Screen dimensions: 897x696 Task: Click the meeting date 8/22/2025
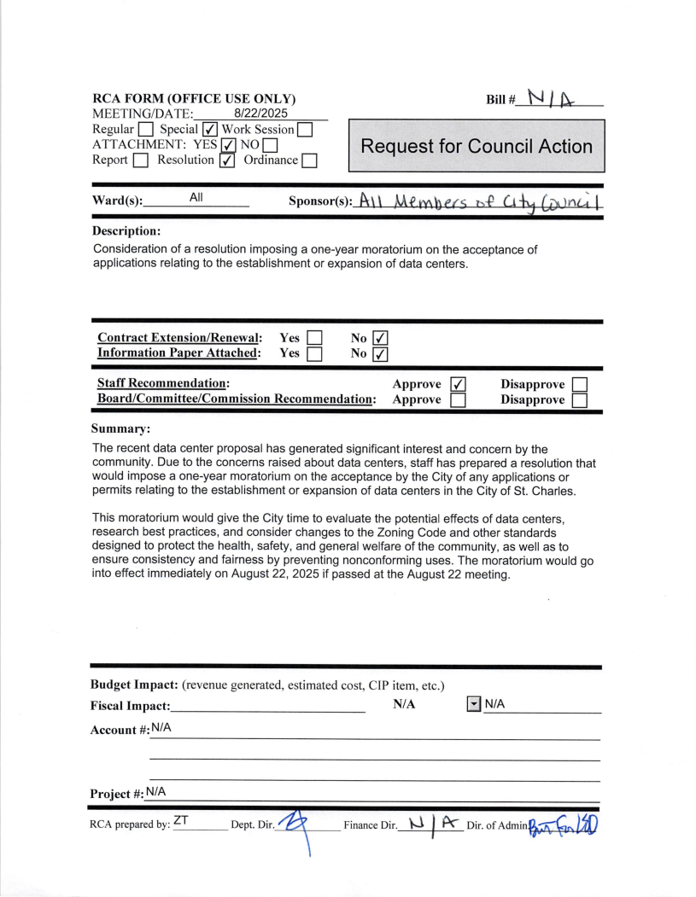[260, 112]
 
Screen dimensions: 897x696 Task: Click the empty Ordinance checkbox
[310, 160]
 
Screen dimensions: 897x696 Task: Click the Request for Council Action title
[477, 146]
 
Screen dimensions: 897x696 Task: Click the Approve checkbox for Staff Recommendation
[458, 384]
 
